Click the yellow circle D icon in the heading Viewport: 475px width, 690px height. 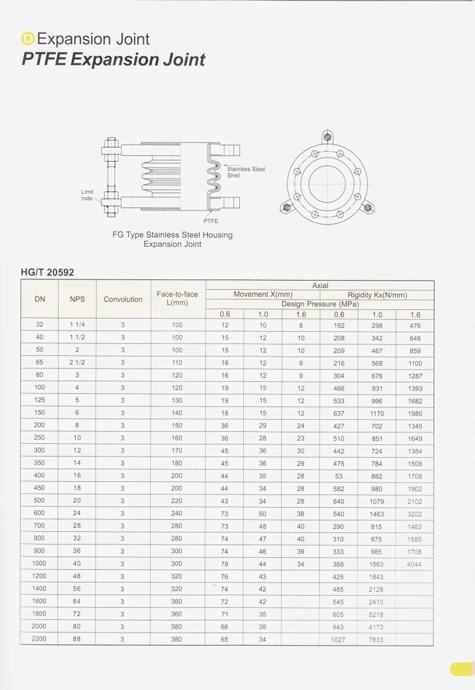[x=28, y=39]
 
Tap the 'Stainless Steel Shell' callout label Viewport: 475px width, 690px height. [x=246, y=172]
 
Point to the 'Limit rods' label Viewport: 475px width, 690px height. [x=87, y=195]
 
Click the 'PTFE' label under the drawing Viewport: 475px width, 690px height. [x=210, y=221]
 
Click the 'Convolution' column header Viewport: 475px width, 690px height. [x=122, y=299]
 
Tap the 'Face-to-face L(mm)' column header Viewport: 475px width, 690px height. [x=177, y=298]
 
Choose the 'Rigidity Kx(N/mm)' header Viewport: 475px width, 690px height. [x=377, y=295]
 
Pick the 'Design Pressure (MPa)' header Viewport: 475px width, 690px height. [x=320, y=304]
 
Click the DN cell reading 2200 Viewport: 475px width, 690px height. [x=39, y=638]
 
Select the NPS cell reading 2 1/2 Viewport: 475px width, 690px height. [x=76, y=362]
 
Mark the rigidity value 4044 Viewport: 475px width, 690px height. [x=414, y=565]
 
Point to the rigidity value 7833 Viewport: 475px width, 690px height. [x=376, y=640]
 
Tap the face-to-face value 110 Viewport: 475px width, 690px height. [x=177, y=363]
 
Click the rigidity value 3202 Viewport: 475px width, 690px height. [x=415, y=514]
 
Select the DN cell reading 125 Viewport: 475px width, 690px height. [x=39, y=400]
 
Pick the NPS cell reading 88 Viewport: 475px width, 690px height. [x=76, y=638]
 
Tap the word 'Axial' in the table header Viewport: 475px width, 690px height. [x=320, y=285]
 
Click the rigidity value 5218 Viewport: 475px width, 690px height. [x=376, y=615]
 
